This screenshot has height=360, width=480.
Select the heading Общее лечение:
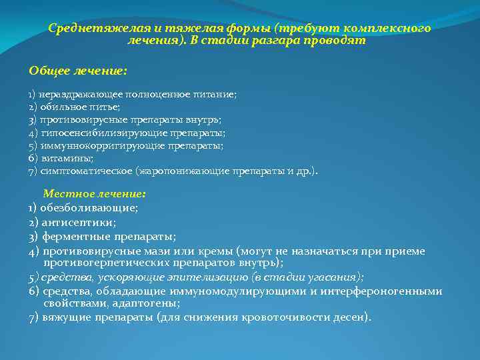point(78,70)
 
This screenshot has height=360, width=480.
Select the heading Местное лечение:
point(94,194)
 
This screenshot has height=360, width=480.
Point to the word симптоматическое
point(85,171)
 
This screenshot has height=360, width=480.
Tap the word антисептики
point(79,222)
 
